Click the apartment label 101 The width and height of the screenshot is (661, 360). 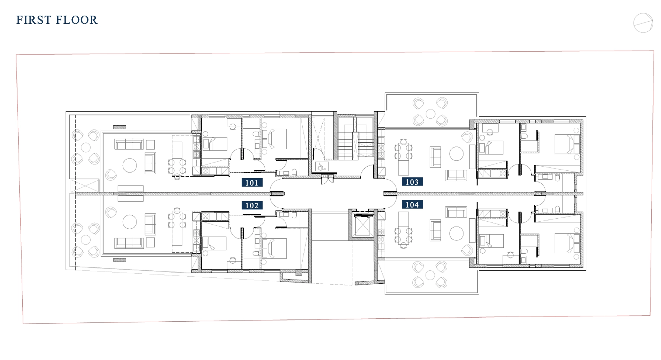[252, 183]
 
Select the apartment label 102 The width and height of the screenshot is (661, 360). [252, 205]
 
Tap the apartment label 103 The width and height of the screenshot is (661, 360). [412, 182]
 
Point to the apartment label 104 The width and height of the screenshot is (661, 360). [412, 205]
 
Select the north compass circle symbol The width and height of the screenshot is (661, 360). [643, 23]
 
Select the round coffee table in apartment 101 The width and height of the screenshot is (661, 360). [130, 165]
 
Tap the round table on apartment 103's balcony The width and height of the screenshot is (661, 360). [431, 113]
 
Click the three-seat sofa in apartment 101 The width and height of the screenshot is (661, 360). [129, 144]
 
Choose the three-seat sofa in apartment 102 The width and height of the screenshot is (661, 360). [129, 243]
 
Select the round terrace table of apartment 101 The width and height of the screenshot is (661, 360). [86, 147]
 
